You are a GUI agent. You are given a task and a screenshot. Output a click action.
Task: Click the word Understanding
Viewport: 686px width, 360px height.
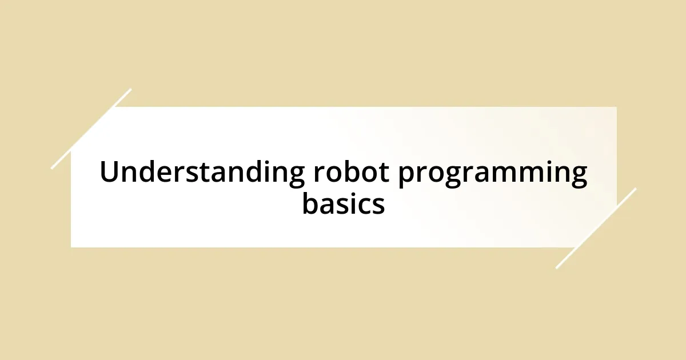point(202,173)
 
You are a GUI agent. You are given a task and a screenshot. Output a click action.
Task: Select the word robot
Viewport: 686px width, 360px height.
point(351,173)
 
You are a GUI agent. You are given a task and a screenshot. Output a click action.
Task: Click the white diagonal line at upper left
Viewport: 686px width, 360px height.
point(91,128)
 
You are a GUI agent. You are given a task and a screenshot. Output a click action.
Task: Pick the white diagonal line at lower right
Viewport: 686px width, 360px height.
point(595,229)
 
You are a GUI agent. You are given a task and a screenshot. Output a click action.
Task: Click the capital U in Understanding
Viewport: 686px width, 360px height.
point(109,173)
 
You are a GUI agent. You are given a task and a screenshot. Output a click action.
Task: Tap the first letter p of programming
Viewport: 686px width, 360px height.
point(406,177)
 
